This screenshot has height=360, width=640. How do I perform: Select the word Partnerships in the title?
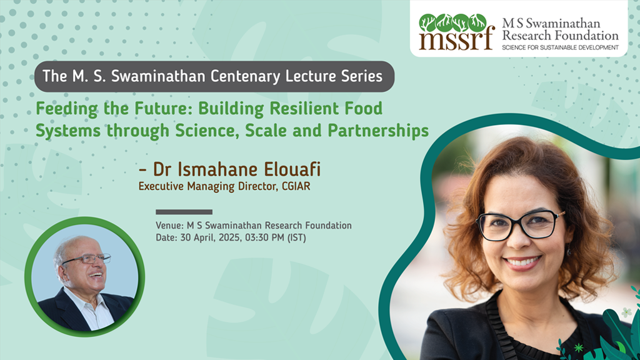(x=378, y=131)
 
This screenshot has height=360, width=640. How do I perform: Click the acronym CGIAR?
(x=296, y=186)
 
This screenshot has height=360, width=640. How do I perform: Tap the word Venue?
(x=169, y=225)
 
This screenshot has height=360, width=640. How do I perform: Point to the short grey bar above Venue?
(x=184, y=212)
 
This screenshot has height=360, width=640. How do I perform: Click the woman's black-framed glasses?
(x=519, y=224)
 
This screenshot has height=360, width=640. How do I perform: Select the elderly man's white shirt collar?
(x=87, y=304)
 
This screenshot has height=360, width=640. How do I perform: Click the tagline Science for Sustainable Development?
(x=560, y=47)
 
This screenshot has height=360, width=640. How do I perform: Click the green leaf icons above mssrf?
(x=452, y=23)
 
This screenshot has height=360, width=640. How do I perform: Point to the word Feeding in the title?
(x=67, y=109)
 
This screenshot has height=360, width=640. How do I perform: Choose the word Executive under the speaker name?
(x=161, y=186)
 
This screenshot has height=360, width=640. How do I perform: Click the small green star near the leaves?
(x=578, y=347)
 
